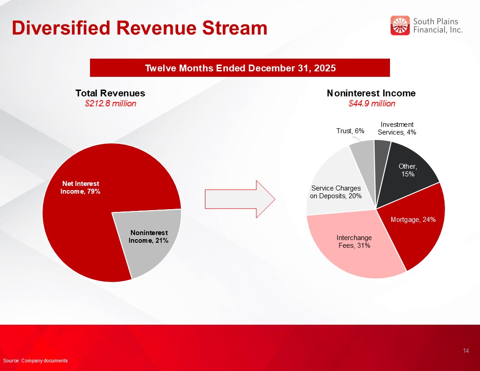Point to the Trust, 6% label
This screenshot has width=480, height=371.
pyautogui.click(x=350, y=131)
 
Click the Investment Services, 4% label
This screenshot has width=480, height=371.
pyautogui.click(x=397, y=128)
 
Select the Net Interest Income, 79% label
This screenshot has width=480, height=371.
pyautogui.click(x=80, y=187)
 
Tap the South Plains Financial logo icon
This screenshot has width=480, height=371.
pyautogui.click(x=400, y=25)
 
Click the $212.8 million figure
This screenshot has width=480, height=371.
pyautogui.click(x=110, y=104)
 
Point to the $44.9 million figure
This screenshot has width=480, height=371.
pyautogui.click(x=371, y=104)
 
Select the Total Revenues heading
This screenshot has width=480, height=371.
pyautogui.click(x=110, y=93)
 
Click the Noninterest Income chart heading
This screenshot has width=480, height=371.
pyautogui.click(x=371, y=93)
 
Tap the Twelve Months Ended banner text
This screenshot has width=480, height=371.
pyautogui.click(x=240, y=68)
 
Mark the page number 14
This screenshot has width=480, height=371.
pyautogui.click(x=466, y=351)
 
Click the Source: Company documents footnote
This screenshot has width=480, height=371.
pyautogui.click(x=35, y=361)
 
